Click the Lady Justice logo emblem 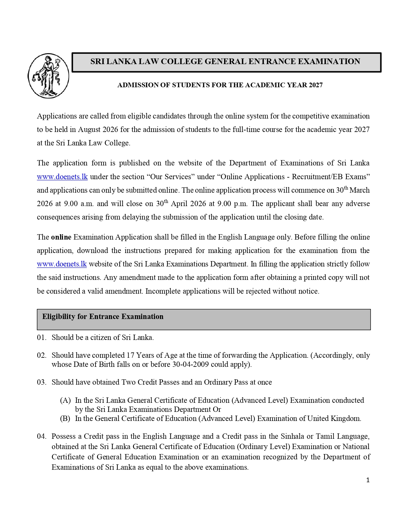(x=49, y=76)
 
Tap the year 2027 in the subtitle (x=315, y=85)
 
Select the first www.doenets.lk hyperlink (x=62, y=177)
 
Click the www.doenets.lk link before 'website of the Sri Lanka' (x=62, y=264)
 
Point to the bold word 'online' (x=61, y=237)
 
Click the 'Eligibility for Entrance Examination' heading (x=103, y=316)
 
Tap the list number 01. (x=41, y=337)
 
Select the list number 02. (x=41, y=355)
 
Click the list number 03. (x=41, y=382)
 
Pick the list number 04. (x=41, y=436)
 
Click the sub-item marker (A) (x=65, y=400)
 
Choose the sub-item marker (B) (x=65, y=418)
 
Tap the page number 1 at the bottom (x=368, y=480)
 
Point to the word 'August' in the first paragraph (x=89, y=129)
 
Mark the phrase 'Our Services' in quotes (x=171, y=177)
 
